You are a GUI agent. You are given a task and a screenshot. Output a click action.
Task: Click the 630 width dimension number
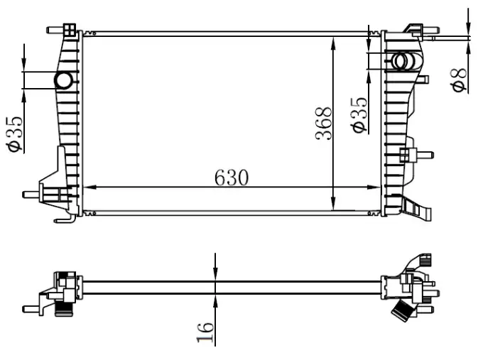232,178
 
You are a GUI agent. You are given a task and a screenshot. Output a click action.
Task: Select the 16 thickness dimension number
205,331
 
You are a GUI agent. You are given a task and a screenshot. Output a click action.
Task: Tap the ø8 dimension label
460,79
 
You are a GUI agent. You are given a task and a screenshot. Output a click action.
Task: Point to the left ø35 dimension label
15,134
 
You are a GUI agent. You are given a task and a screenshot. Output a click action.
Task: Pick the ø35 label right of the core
359,114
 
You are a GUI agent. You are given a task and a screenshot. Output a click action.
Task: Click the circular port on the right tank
403,62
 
